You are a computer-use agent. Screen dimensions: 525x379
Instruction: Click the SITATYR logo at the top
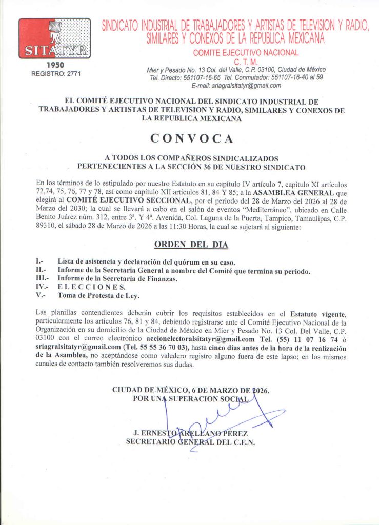[x=54, y=38]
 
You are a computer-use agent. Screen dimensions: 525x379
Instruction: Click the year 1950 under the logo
[x=55, y=65]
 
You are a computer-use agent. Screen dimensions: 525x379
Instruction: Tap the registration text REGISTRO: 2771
[x=56, y=74]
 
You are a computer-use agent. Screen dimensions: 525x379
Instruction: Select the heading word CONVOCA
[x=191, y=138]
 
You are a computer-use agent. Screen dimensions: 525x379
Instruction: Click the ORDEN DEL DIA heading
[x=191, y=245]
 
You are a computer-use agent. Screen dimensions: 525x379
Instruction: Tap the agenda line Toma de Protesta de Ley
[x=98, y=295]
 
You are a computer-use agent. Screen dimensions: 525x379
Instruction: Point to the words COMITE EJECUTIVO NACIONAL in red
[x=246, y=53]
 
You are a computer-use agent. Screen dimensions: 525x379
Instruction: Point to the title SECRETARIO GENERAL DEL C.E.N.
[x=190, y=441]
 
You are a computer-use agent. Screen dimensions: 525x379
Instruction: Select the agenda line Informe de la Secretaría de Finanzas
[x=117, y=278]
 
